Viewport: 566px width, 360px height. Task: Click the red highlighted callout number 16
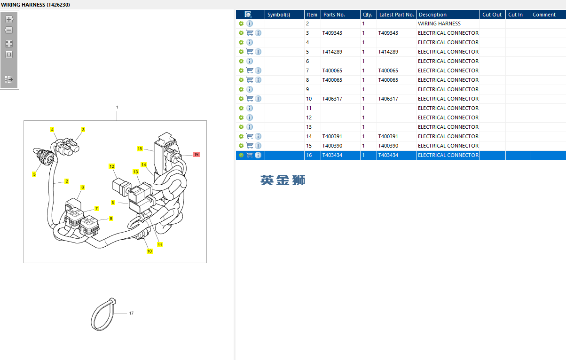click(x=197, y=154)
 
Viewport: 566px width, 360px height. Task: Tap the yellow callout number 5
click(x=34, y=174)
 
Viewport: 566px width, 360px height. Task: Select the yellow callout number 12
click(x=112, y=166)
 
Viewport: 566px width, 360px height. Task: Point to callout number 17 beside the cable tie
click(x=132, y=313)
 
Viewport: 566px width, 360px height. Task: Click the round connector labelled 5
click(x=46, y=156)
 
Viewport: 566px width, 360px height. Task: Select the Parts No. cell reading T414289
click(x=332, y=52)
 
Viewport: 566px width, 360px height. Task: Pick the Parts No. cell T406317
click(x=332, y=99)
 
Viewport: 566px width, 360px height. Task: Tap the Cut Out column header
click(x=492, y=15)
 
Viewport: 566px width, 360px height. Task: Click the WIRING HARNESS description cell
click(x=439, y=23)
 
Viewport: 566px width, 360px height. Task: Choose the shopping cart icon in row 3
click(x=250, y=33)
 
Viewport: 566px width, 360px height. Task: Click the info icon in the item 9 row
click(x=250, y=89)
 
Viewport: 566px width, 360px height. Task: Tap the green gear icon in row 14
click(x=241, y=136)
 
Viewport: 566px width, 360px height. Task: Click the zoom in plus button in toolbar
click(x=9, y=19)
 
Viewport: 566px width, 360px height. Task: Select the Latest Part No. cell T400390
click(x=388, y=146)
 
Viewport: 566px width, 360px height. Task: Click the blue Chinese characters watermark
click(x=283, y=180)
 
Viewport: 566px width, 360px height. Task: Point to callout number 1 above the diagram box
click(x=117, y=107)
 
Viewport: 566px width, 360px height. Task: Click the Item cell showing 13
click(x=309, y=127)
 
